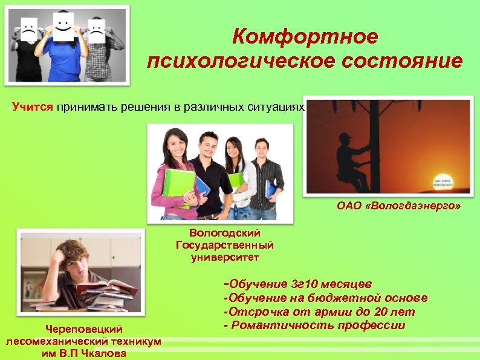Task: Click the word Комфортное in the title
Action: point(305,37)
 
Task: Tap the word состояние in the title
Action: point(404,61)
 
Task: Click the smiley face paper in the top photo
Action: point(63,25)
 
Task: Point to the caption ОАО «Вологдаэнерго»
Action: point(398,206)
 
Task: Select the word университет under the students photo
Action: point(224,258)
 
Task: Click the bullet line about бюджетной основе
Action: point(325,298)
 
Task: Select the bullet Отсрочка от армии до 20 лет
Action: point(319,312)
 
